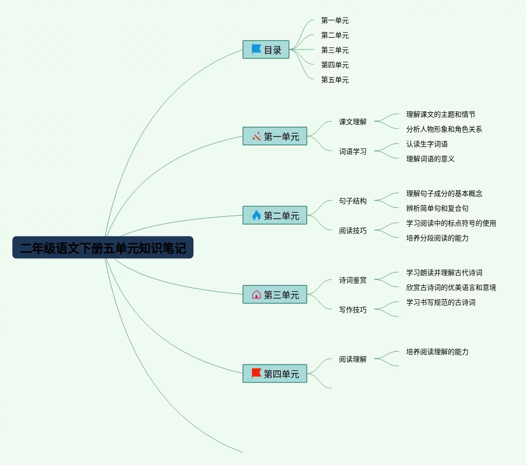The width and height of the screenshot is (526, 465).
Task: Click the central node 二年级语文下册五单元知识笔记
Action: click(x=103, y=247)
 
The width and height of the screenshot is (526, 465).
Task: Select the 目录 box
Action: click(x=266, y=50)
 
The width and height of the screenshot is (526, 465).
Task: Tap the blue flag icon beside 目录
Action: click(x=256, y=49)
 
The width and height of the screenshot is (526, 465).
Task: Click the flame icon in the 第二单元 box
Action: click(x=256, y=215)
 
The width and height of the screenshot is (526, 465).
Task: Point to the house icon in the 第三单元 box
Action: click(x=256, y=294)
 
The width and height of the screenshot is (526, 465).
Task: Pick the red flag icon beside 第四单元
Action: click(x=256, y=373)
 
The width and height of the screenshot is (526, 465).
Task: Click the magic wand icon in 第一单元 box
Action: click(x=256, y=137)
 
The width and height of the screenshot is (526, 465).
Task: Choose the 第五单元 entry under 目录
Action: click(x=335, y=80)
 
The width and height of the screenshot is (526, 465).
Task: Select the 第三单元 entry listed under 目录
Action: click(x=335, y=50)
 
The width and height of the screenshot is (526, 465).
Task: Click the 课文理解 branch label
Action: click(x=353, y=122)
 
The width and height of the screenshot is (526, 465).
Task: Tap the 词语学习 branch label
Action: click(x=353, y=151)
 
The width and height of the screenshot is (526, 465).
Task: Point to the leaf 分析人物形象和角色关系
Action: click(x=444, y=129)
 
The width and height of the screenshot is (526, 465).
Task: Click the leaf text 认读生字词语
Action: click(x=427, y=144)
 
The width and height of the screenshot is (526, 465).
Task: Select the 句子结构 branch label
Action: click(x=353, y=201)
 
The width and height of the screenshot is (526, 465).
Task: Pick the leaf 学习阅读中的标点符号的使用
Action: click(x=451, y=223)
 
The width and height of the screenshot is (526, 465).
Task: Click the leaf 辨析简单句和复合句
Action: click(x=437, y=208)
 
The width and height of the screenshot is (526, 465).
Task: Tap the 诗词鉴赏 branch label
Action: click(x=353, y=280)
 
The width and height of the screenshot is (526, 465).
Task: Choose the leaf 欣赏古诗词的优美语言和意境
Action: click(x=451, y=287)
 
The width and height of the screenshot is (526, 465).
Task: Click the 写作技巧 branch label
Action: click(x=353, y=310)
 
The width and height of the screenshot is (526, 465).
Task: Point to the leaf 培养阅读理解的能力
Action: click(x=437, y=352)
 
